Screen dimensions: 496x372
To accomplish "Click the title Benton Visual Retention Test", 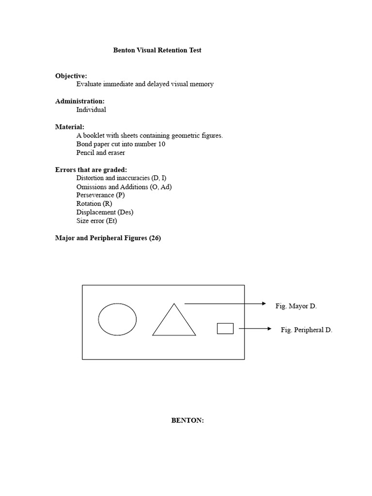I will tap(157, 50).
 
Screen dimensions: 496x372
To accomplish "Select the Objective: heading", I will tap(71, 76).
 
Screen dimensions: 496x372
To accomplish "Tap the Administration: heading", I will tap(79, 101).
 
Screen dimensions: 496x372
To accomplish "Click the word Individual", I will tap(91, 109).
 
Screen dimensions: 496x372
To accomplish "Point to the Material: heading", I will tap(70, 127).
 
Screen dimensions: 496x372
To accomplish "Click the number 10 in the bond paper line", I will tap(162, 144).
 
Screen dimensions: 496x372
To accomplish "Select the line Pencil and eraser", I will tap(101, 153).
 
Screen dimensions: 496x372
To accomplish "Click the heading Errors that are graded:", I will tap(91, 170).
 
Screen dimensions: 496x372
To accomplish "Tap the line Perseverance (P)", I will tap(100, 195).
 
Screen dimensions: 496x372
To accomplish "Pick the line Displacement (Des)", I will tap(105, 212).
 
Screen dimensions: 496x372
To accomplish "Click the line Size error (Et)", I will tap(96, 221).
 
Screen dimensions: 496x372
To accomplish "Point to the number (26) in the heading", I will tap(155, 238).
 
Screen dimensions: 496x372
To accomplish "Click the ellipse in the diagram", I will tap(117, 319).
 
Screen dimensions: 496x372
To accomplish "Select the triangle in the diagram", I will tap(174, 322).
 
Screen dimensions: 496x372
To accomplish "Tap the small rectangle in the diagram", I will tap(225, 328).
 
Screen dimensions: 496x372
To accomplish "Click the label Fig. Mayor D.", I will tap(296, 306).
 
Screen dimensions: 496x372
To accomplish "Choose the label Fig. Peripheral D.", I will tap(307, 330).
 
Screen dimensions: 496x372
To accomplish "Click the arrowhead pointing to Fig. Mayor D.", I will tap(264, 304).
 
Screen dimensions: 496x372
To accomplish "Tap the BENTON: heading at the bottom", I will tap(187, 420).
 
